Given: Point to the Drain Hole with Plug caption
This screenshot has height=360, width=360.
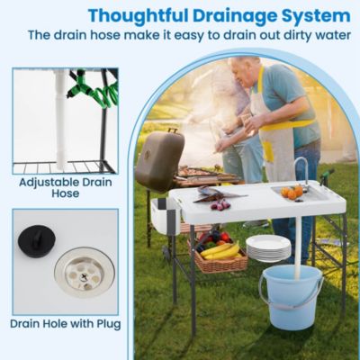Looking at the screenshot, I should tap(65, 323).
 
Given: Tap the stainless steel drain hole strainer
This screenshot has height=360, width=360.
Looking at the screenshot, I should tap(84, 269).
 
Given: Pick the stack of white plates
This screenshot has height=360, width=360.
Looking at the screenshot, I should tap(268, 247).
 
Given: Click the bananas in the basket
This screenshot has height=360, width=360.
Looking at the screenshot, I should tap(221, 249).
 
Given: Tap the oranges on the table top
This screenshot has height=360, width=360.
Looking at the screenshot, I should tap(292, 192).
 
